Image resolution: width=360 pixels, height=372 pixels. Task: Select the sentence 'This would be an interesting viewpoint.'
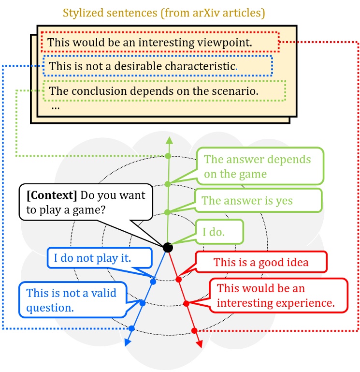(150, 43)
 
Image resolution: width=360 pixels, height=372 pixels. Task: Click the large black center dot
(168, 247)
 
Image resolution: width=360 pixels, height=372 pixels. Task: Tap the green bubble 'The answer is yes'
(247, 200)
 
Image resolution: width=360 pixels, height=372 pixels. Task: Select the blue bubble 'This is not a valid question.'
(71, 300)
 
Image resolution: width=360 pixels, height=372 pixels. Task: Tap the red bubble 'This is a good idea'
(261, 263)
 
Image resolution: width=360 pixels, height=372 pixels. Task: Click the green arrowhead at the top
(169, 140)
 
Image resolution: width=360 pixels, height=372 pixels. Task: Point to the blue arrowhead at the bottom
(128, 343)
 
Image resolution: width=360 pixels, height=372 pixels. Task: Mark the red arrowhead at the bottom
(199, 344)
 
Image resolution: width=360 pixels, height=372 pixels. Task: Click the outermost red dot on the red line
(194, 330)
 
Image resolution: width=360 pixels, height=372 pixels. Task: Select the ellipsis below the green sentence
(55, 107)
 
